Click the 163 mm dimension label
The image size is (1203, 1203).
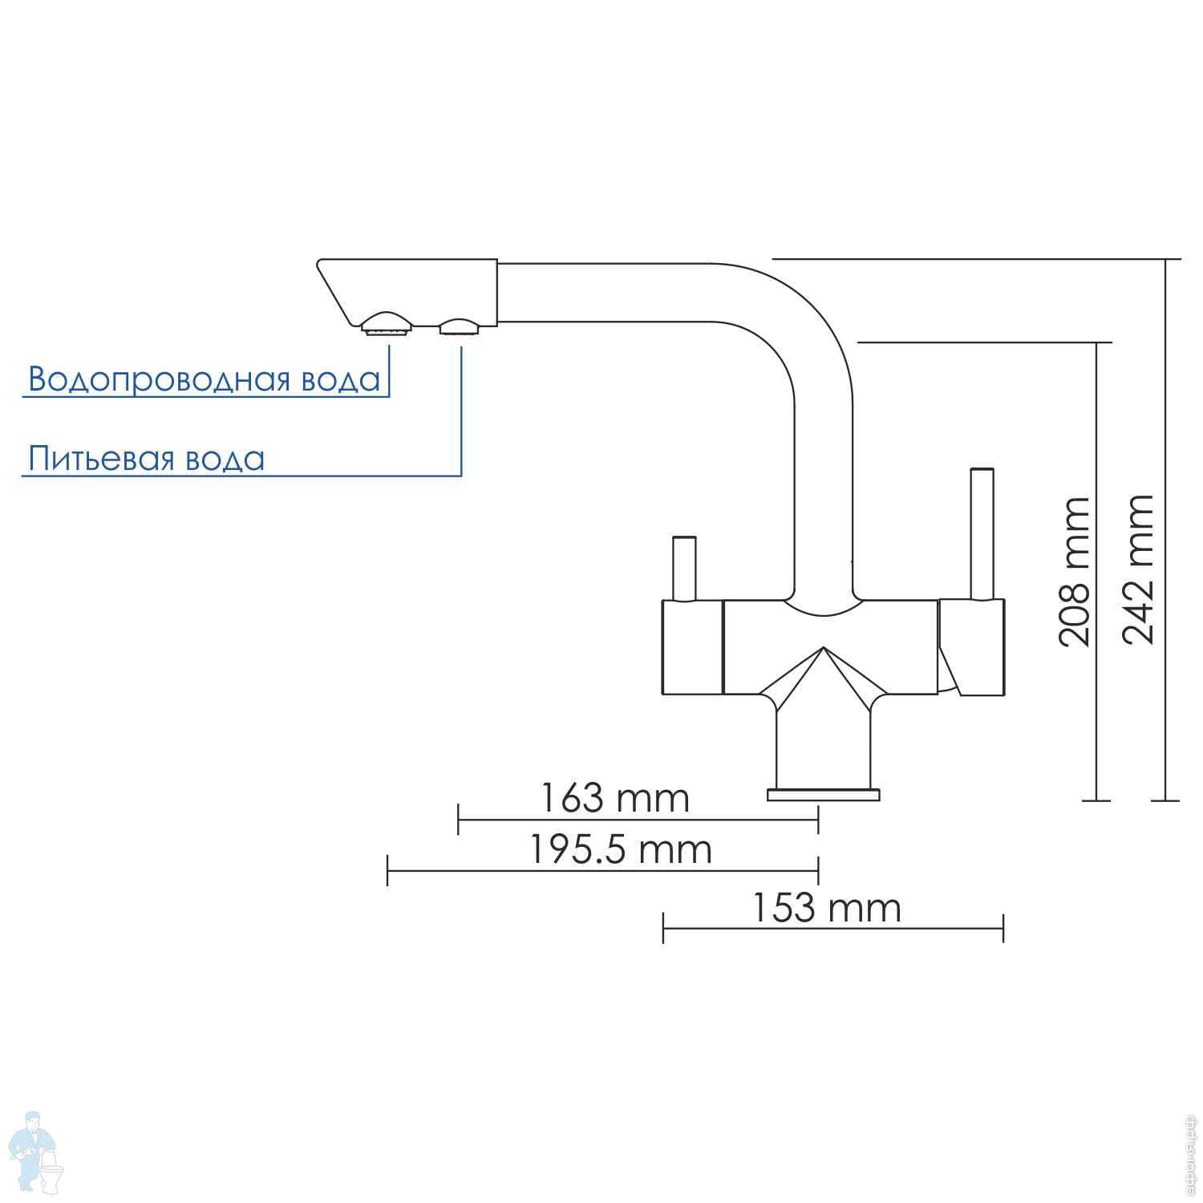[614, 799]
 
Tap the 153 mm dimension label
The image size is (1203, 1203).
[827, 909]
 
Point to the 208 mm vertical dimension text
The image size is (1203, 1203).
[1075, 571]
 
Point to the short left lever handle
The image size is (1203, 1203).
[684, 568]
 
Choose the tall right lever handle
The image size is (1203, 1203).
[982, 533]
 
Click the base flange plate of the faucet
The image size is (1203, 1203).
[823, 795]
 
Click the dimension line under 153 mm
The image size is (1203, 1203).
[832, 928]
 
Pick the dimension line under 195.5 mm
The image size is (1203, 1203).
[602, 870]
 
